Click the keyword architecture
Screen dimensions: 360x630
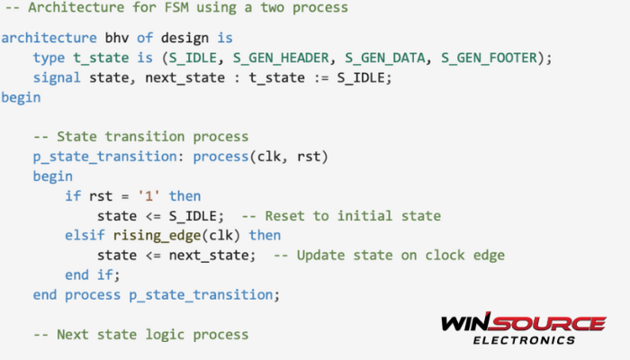click(x=45, y=39)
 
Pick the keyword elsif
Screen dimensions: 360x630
click(x=85, y=235)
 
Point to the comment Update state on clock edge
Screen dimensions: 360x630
click(x=389, y=255)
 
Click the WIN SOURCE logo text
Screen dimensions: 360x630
click(x=523, y=322)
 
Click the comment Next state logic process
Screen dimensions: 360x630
click(x=140, y=334)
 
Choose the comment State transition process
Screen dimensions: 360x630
click(x=140, y=137)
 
